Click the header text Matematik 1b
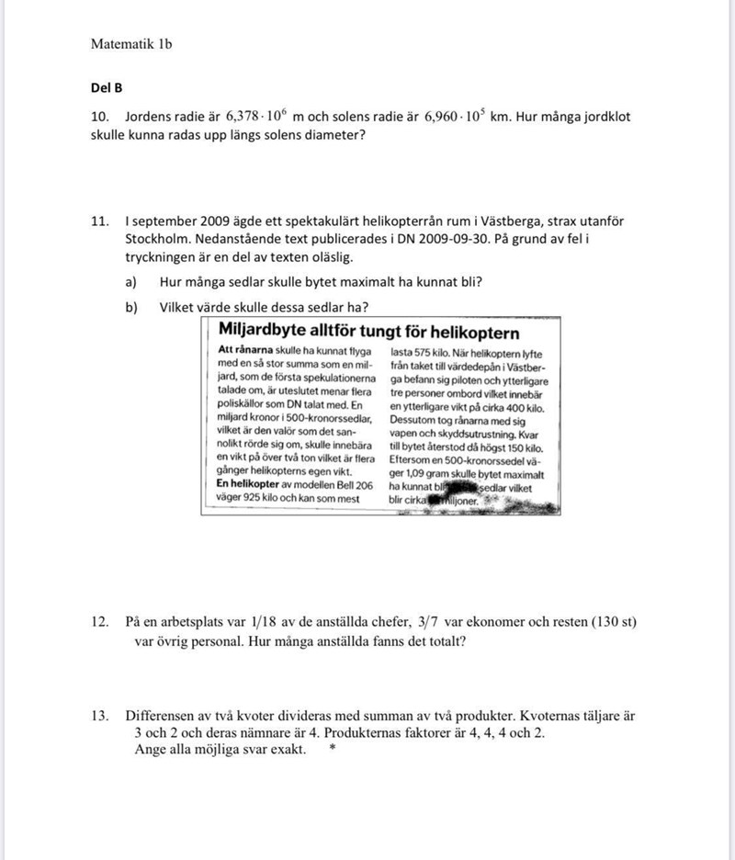(x=131, y=43)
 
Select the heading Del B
(x=107, y=88)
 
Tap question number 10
(x=100, y=118)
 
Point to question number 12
(x=100, y=623)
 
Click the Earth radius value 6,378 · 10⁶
(x=257, y=117)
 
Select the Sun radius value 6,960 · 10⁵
(x=455, y=117)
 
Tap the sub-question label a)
(x=131, y=282)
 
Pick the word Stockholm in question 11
(x=161, y=240)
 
